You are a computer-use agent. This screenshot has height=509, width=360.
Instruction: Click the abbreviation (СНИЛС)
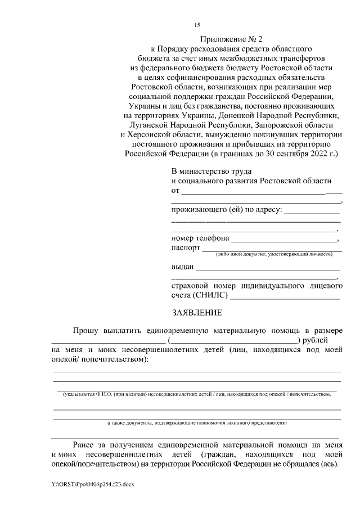click(210, 295)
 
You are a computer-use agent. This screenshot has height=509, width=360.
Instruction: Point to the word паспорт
click(185, 247)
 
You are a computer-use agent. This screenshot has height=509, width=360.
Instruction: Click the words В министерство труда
click(211, 170)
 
